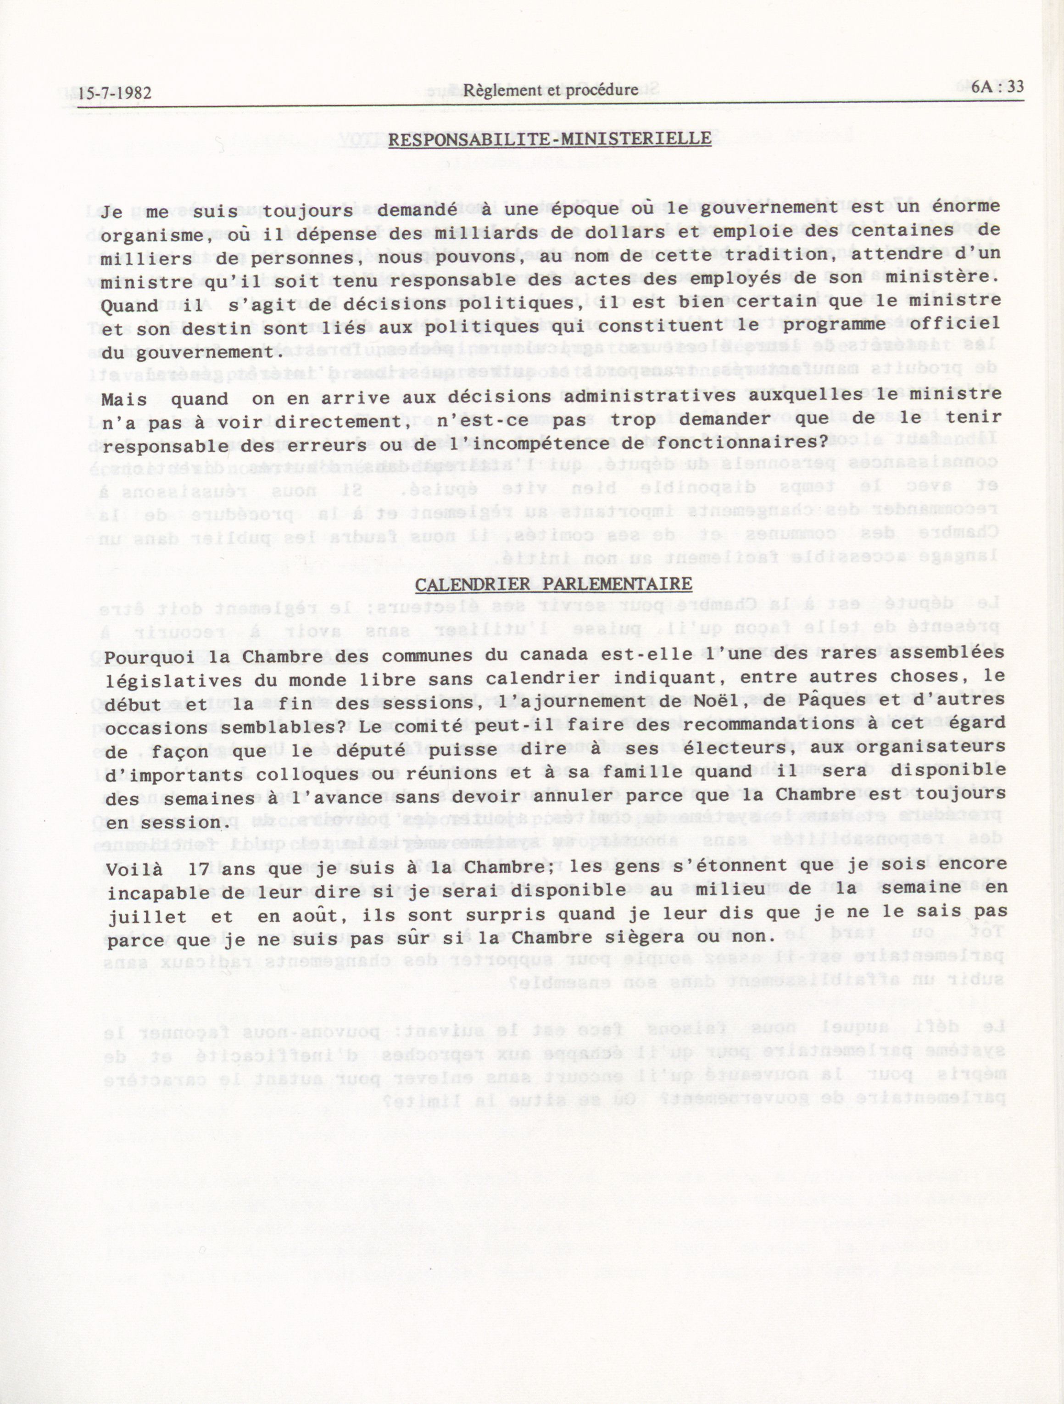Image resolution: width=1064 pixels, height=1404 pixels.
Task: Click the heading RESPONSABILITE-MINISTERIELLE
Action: pos(550,139)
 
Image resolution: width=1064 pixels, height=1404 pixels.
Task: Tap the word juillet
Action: pos(147,917)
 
